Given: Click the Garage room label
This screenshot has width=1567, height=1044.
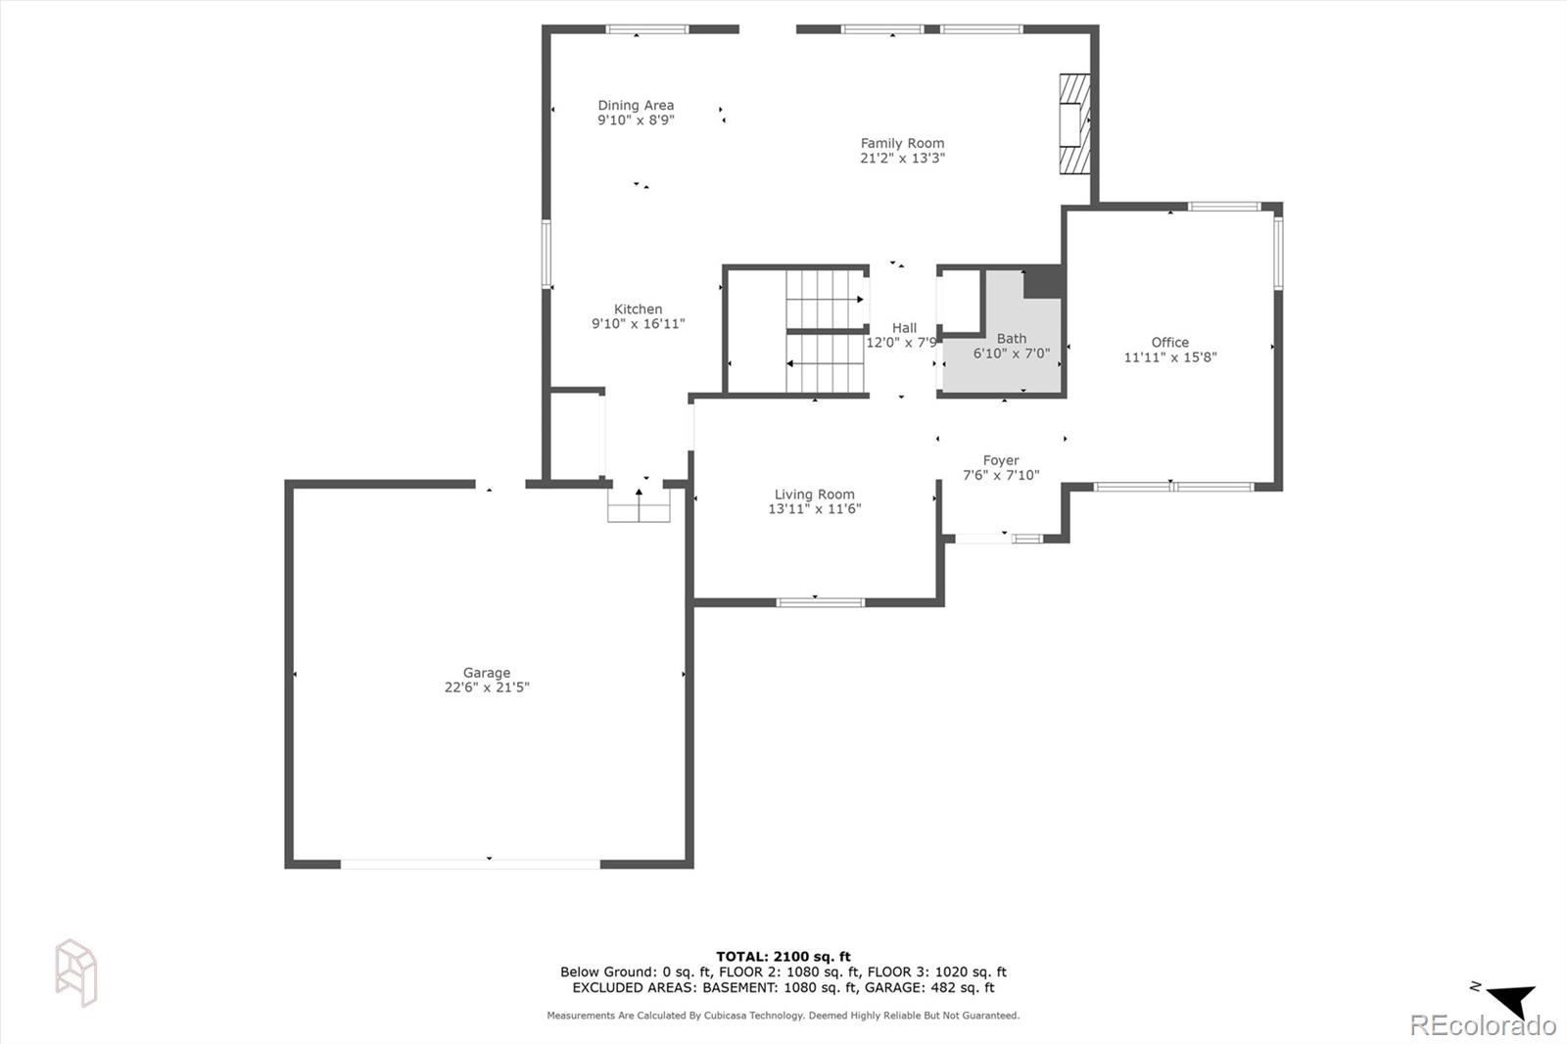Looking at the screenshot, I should tap(487, 673).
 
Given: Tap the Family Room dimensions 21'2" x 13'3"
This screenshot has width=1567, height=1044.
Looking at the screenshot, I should tap(902, 159).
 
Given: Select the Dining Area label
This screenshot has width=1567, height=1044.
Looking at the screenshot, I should tap(636, 106).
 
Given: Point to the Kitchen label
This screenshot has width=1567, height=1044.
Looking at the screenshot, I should tap(638, 309).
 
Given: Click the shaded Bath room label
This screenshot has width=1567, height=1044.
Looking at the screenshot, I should tap(1011, 339).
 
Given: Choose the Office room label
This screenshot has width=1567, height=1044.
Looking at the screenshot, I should tap(1169, 343).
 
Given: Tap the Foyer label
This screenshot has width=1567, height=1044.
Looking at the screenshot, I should tap(1001, 460).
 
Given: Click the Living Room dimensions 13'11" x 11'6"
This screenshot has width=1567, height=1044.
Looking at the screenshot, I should tap(814, 509).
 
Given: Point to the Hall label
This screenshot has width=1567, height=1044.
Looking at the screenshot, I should tap(904, 328).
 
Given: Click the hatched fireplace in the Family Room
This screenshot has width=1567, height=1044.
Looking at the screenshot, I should tap(1075, 124).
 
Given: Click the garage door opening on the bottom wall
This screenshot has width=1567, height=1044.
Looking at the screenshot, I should tap(470, 864).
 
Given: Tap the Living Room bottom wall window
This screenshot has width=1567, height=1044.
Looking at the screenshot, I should tap(820, 601).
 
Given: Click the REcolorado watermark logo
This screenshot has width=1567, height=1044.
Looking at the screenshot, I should tap(1482, 1025).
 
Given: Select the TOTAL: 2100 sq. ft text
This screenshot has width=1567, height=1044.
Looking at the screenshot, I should tap(783, 957).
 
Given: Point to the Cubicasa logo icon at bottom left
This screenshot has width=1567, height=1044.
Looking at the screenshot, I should tap(75, 972).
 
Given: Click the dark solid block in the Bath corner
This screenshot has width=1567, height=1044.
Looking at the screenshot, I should tap(1043, 282).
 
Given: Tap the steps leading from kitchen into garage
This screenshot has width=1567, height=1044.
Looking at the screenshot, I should tap(639, 508).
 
